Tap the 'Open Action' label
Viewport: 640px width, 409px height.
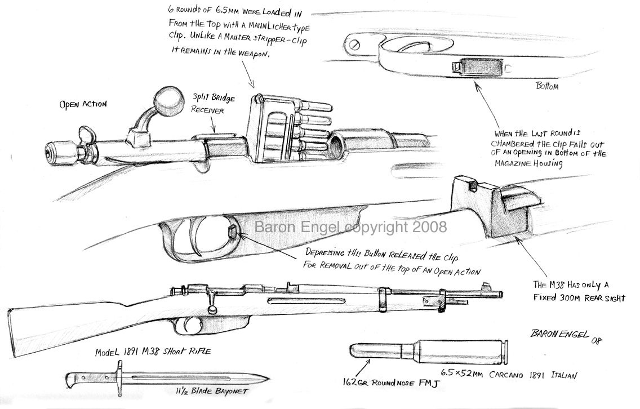click(83, 104)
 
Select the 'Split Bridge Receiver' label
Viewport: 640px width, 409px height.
click(213, 104)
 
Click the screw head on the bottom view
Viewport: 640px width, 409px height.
click(354, 44)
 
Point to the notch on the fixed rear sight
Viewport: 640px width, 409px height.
click(473, 186)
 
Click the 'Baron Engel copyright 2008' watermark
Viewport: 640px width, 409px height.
click(350, 226)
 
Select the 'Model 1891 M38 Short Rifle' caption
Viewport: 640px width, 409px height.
click(153, 351)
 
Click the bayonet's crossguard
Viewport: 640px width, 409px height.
click(119, 378)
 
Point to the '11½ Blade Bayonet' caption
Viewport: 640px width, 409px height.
click(211, 391)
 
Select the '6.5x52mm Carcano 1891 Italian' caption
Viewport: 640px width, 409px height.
click(509, 374)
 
